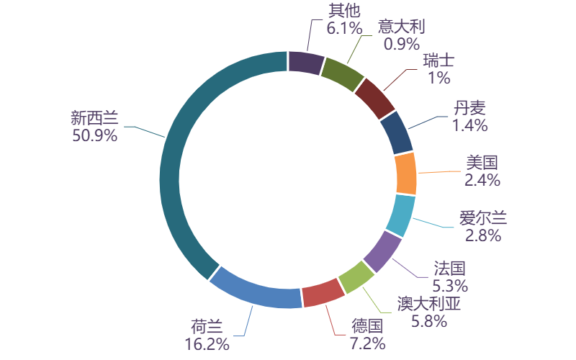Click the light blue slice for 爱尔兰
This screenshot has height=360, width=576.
pyautogui.click(x=400, y=214)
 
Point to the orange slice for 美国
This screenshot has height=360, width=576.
pyautogui.click(x=406, y=174)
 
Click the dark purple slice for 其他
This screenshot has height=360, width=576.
pyautogui.click(x=305, y=63)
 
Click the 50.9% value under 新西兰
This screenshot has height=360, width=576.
pyautogui.click(x=94, y=135)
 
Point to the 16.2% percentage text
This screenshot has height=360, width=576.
pyautogui.click(x=207, y=343)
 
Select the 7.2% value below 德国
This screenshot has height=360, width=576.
pyautogui.click(x=367, y=343)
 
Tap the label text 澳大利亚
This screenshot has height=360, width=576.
pyautogui.click(x=428, y=305)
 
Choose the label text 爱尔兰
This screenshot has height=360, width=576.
pyautogui.click(x=483, y=217)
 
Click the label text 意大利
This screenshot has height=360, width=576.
pyautogui.click(x=402, y=27)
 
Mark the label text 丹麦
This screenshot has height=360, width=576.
pyautogui.click(x=469, y=108)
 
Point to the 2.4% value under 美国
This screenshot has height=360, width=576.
pyautogui.click(x=482, y=180)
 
